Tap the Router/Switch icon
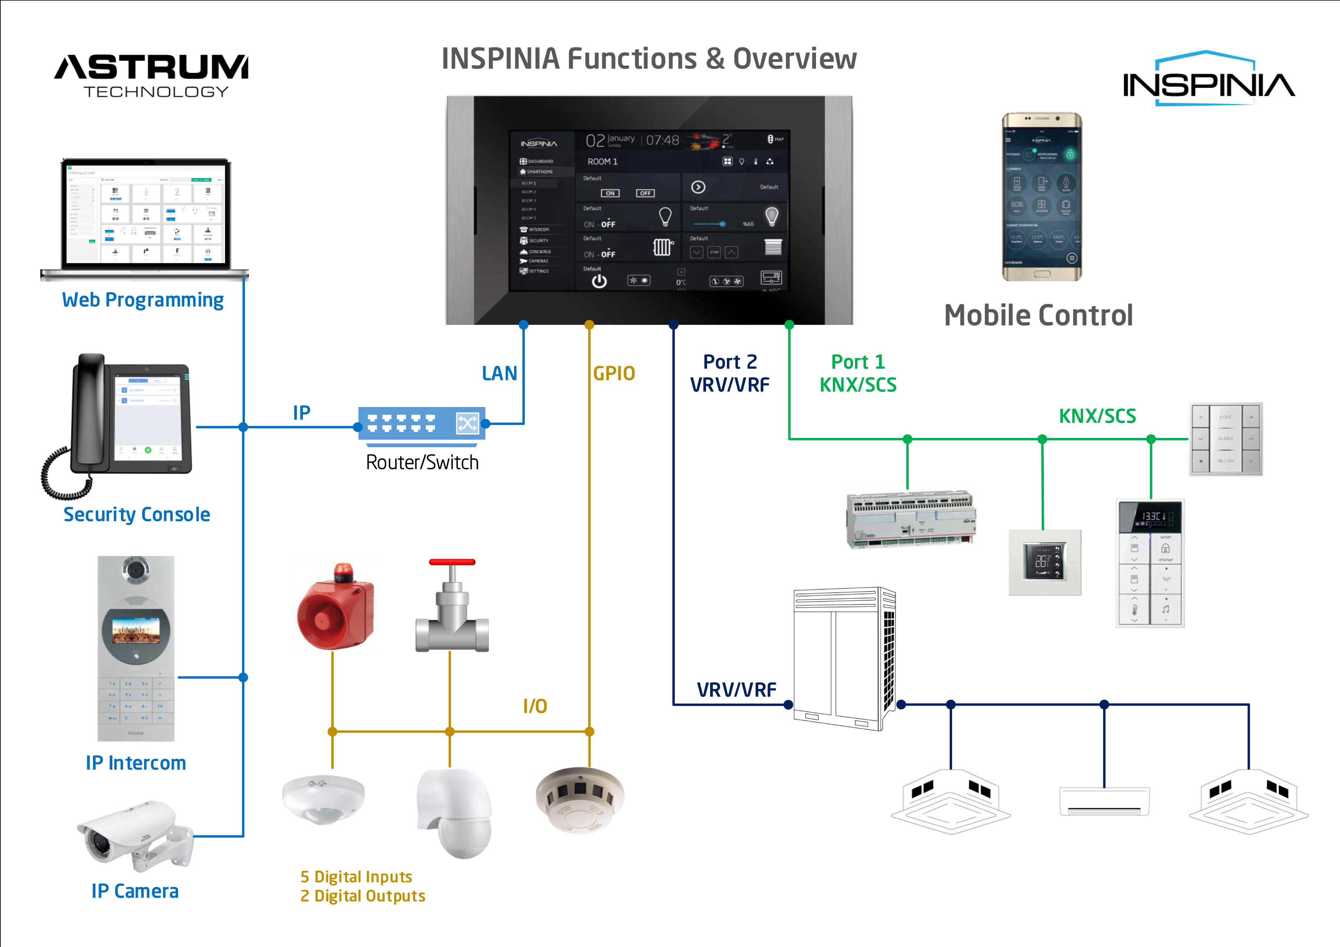[x=421, y=423]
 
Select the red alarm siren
[x=335, y=607]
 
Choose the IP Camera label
[x=135, y=891]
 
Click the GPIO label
[x=613, y=373]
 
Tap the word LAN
[x=499, y=373]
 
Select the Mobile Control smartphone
[x=1042, y=197]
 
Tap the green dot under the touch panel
[x=789, y=325]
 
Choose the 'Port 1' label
[x=857, y=362]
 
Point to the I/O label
[x=535, y=706]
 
